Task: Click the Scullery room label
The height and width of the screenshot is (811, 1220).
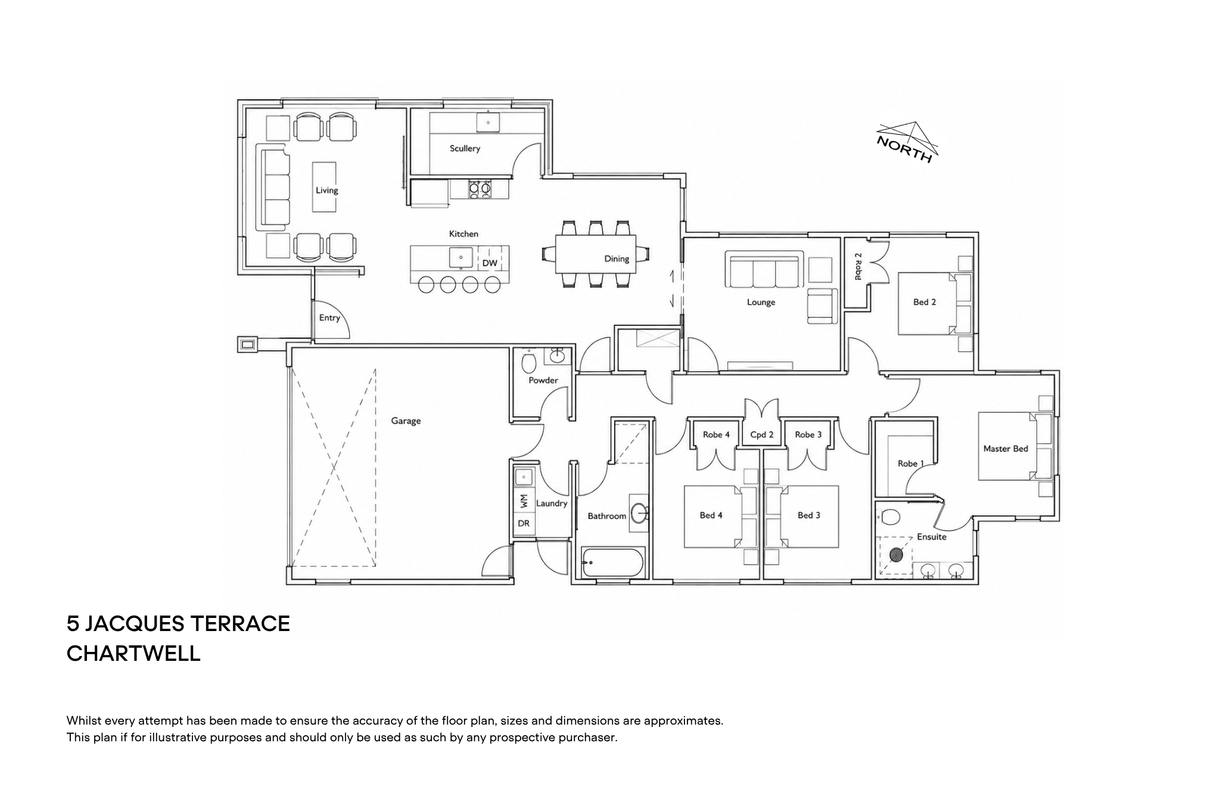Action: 465,148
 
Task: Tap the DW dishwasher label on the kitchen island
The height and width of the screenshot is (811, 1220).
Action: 490,263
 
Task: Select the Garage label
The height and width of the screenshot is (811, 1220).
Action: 406,421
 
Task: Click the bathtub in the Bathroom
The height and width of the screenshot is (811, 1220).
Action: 613,563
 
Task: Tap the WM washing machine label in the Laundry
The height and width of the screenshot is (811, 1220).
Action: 524,501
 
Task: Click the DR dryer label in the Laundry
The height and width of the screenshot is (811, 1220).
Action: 524,524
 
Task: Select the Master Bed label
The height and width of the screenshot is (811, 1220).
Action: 1006,449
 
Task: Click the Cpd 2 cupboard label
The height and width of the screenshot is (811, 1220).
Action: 762,435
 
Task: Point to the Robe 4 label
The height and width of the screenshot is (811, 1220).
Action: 716,435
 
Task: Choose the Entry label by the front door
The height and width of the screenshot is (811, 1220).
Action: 329,318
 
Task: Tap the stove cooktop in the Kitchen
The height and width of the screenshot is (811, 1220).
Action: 480,189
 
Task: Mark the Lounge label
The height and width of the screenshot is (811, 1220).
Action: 761,302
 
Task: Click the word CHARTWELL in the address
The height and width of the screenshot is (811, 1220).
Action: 133,654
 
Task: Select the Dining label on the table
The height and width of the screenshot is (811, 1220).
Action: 617,259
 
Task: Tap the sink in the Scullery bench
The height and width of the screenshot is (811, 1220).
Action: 488,122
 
